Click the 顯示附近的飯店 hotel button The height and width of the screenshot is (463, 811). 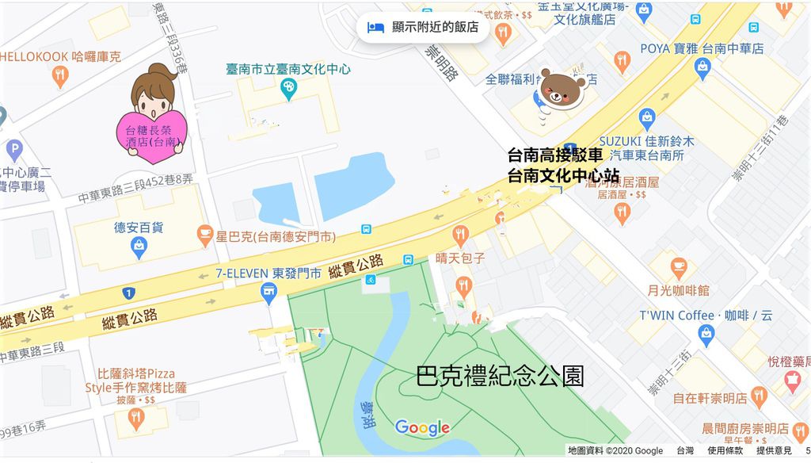(x=423, y=27)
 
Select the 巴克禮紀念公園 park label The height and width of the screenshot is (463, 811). (x=500, y=377)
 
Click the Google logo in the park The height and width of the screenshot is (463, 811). (x=422, y=428)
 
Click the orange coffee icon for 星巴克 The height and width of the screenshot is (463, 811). (x=205, y=235)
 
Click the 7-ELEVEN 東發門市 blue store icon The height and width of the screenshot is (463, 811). (x=269, y=293)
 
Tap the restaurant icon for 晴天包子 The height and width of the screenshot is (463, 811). (x=460, y=235)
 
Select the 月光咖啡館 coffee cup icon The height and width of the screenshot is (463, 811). (x=678, y=268)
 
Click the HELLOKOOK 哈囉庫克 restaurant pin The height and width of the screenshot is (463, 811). (x=60, y=76)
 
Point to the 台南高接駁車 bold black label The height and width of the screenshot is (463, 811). (x=555, y=155)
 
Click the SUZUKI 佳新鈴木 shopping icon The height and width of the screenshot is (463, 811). (x=646, y=120)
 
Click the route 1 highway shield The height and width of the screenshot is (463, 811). (x=128, y=293)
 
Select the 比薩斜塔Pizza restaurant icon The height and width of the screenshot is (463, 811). (x=136, y=419)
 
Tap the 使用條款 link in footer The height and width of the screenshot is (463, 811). (x=725, y=450)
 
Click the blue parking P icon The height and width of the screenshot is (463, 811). (x=14, y=150)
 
